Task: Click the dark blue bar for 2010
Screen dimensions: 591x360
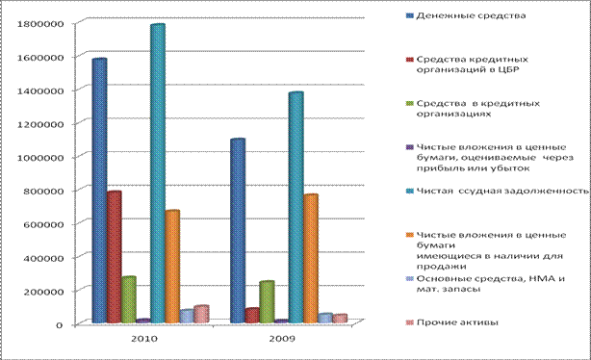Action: click(x=99, y=191)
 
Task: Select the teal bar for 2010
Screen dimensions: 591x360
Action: click(x=158, y=173)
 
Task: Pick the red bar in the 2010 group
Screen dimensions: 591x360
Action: click(x=115, y=257)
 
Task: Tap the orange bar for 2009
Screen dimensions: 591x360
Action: click(x=311, y=259)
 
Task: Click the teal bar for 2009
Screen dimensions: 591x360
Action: click(x=295, y=207)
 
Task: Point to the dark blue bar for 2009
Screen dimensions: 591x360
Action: click(x=238, y=231)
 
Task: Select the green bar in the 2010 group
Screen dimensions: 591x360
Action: click(x=129, y=299)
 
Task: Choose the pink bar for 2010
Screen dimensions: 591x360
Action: click(x=201, y=314)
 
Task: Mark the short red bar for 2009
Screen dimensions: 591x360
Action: click(x=252, y=316)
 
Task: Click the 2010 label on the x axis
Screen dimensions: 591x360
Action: click(x=144, y=339)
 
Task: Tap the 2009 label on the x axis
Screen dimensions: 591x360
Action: click(x=282, y=339)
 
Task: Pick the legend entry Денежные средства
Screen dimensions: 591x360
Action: click(x=466, y=15)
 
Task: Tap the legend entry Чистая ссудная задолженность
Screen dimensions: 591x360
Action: click(x=498, y=191)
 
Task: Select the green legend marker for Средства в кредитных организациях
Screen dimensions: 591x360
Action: click(x=410, y=103)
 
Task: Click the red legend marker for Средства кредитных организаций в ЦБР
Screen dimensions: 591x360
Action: click(x=410, y=60)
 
